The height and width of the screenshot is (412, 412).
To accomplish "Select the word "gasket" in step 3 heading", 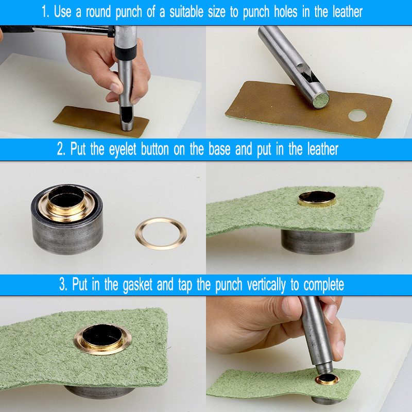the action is (x=138, y=285).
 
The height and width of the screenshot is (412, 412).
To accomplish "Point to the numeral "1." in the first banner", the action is (x=45, y=12).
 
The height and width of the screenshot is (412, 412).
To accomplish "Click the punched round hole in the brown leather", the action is (x=357, y=115).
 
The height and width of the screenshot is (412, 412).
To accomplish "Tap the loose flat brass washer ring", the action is (x=161, y=233).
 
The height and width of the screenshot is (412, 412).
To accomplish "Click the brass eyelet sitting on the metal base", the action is (x=66, y=203).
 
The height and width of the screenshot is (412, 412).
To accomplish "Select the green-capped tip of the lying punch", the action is (x=320, y=100).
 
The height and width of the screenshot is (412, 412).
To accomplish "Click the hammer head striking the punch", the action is (x=126, y=40).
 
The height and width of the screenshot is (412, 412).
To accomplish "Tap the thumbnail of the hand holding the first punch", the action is (x=115, y=88).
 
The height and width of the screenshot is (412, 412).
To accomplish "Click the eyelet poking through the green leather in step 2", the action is (x=317, y=199).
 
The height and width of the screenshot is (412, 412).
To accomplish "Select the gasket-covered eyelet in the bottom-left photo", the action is (x=102, y=339).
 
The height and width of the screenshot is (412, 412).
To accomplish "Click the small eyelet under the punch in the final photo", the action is (x=327, y=379).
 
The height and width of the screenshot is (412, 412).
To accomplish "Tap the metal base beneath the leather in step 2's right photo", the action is (x=318, y=242).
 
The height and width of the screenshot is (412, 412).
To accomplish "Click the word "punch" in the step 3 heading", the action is (x=229, y=285).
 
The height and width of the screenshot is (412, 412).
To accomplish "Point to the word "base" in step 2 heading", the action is (x=219, y=149).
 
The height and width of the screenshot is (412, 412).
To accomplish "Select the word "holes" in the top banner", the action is (x=286, y=12).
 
